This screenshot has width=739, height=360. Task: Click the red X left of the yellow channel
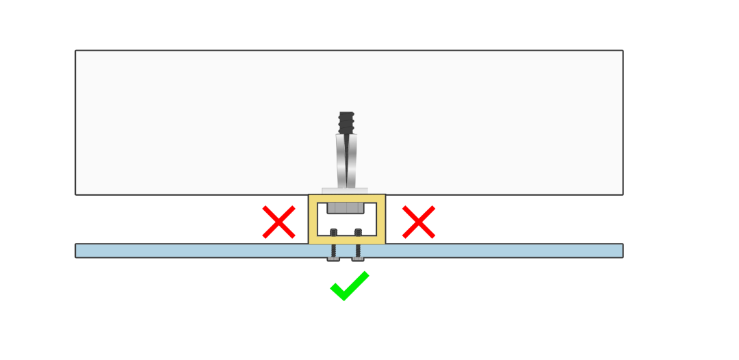point(278,222)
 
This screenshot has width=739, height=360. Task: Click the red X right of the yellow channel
point(419,222)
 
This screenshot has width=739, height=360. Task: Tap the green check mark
point(349,286)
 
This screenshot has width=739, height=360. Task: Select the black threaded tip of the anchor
point(346,123)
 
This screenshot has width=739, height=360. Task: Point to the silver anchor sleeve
point(346,162)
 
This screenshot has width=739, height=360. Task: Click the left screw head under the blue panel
point(333,259)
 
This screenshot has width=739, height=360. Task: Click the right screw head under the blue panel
point(358,259)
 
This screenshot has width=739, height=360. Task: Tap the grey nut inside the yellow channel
point(346,207)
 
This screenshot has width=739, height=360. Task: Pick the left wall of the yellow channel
point(313,219)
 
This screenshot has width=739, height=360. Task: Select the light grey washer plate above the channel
point(345,191)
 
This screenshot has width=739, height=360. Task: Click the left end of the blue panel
point(78,250)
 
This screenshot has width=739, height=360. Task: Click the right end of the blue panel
point(620,250)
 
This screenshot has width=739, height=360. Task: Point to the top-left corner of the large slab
point(76,51)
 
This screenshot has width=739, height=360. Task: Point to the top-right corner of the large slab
point(623,51)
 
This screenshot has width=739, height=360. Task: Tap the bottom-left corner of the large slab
point(76,194)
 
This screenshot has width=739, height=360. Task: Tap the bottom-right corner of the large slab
point(623,194)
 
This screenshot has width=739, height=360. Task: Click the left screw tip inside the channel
point(333,232)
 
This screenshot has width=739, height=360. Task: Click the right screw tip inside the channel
point(358,232)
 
